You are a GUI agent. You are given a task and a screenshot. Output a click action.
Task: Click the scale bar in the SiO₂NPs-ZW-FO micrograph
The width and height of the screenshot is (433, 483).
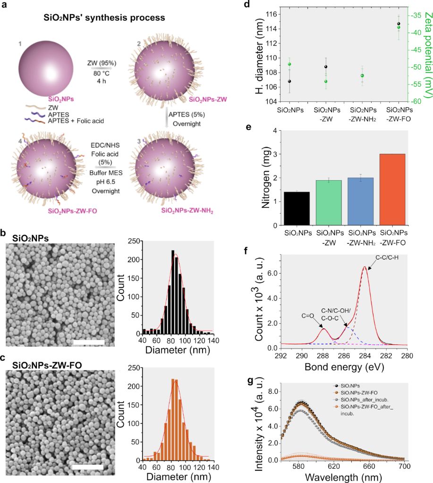[x=87, y=467]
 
